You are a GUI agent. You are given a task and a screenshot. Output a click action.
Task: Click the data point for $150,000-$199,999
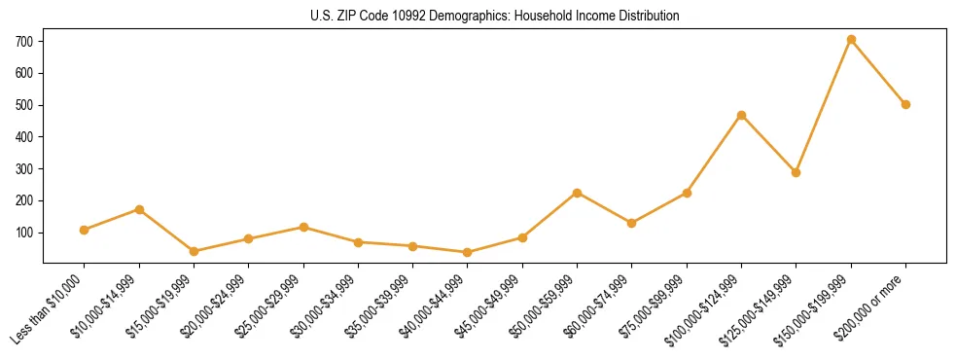(x=851, y=40)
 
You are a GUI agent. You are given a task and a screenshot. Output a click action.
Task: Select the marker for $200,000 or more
(x=905, y=104)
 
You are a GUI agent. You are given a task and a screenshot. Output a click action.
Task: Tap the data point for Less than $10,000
(x=85, y=230)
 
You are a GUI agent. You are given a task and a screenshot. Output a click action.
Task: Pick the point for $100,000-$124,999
(x=741, y=115)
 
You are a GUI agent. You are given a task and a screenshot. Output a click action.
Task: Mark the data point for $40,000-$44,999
(x=468, y=252)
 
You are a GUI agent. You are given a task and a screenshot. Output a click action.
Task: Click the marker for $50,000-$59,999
(x=577, y=193)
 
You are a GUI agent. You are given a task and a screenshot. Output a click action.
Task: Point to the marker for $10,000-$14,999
(x=139, y=209)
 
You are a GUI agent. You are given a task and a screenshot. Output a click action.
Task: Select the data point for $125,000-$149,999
(x=796, y=172)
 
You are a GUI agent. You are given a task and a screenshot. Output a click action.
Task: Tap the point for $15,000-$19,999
(x=194, y=251)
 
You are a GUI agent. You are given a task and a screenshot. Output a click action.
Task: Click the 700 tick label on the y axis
(x=24, y=41)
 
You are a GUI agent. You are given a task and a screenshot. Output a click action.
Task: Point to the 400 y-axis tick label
(x=24, y=137)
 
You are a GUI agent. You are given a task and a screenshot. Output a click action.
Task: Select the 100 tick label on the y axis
(x=24, y=233)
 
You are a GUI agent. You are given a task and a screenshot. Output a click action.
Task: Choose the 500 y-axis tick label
(x=24, y=105)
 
